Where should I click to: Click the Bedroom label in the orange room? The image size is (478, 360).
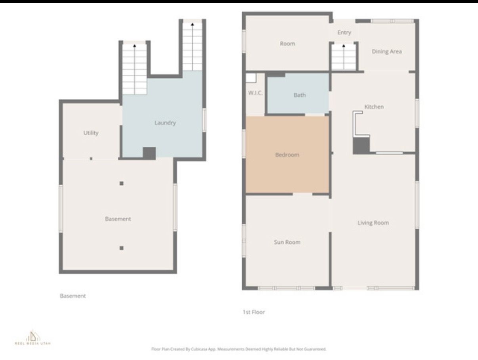tap(287, 155)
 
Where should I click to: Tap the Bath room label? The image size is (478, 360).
tap(300, 95)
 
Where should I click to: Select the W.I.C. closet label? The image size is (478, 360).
tap(255, 93)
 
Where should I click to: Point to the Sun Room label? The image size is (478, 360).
tap(287, 242)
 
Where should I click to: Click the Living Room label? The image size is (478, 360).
tap(373, 223)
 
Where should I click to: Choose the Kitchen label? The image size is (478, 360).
tap(374, 107)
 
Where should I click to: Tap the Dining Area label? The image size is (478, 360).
tap(386, 52)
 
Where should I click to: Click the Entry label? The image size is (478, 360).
tap(344, 33)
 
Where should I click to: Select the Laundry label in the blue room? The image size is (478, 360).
tap(165, 123)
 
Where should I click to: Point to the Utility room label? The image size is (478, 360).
tap(91, 133)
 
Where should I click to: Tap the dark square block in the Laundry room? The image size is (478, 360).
tap(149, 153)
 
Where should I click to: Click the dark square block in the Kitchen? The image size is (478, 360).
tap(361, 146)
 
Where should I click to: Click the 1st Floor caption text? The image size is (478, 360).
tap(254, 312)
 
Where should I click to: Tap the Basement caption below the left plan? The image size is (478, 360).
tap(73, 296)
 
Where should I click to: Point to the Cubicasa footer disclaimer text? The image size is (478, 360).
tap(239, 349)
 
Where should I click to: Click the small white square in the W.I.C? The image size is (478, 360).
tap(251, 78)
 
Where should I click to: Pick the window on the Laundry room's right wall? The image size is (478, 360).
tap(204, 120)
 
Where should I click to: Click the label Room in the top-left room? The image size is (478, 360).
tap(287, 44)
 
